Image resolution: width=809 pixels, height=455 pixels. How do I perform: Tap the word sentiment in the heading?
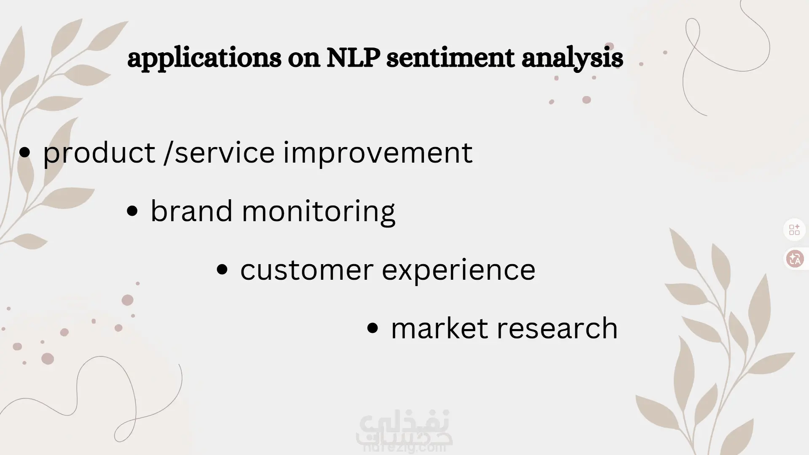450,58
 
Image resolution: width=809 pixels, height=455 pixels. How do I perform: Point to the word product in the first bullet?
99,152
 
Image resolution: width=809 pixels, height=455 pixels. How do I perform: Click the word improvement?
378,152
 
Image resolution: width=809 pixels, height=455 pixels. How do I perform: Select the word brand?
191,210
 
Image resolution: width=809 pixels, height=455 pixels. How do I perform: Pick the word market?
439,328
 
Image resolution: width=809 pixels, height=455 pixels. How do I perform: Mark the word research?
557,328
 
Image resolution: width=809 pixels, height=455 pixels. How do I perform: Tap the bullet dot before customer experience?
222,270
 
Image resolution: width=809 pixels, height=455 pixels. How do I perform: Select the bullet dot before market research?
372,329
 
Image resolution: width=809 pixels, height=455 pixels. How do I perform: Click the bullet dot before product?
25,153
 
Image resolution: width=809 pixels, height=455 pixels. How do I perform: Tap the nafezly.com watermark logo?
404,432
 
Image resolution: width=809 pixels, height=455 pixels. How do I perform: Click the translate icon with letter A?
796,258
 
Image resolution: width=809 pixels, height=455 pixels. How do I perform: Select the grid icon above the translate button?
795,230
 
